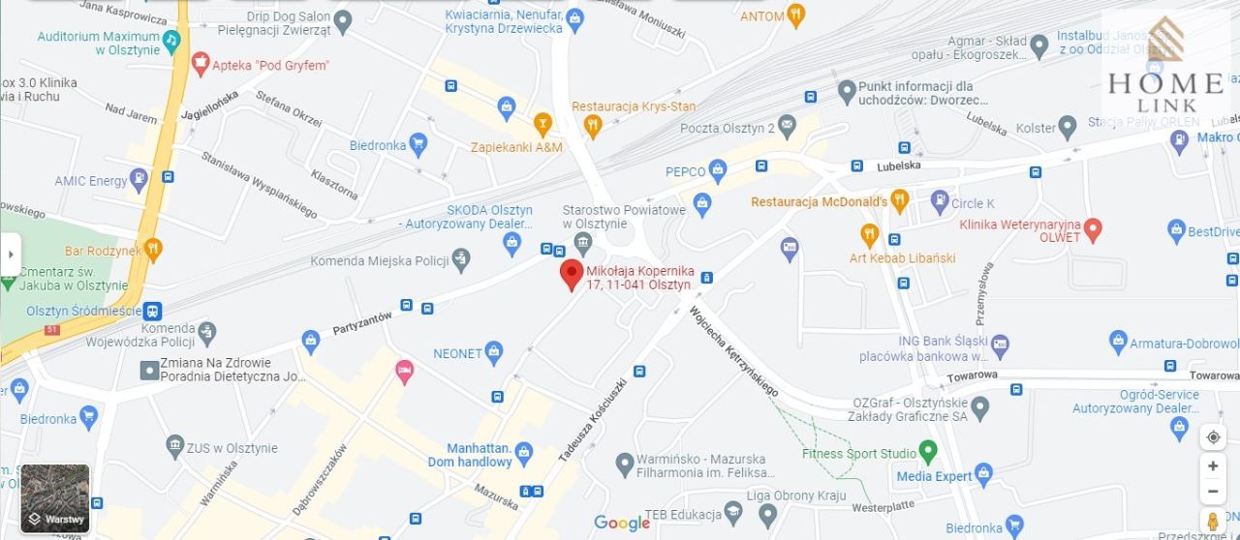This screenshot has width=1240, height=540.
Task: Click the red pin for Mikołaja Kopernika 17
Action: pyautogui.click(x=572, y=273)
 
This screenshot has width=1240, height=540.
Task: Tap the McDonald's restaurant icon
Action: pyautogui.click(x=900, y=201)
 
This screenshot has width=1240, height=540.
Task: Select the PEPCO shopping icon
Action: pyautogui.click(x=718, y=171)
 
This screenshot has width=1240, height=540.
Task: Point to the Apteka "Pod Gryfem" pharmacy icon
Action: pyautogui.click(x=201, y=65)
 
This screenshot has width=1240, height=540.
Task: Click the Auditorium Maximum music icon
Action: pyautogui.click(x=171, y=40)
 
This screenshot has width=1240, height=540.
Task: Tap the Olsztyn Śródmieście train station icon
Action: pyautogui.click(x=152, y=312)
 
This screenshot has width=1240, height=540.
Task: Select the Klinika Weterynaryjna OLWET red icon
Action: pyautogui.click(x=1093, y=230)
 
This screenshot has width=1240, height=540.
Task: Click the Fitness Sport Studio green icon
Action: pyautogui.click(x=928, y=452)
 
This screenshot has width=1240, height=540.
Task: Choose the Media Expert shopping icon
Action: pyautogui.click(x=984, y=475)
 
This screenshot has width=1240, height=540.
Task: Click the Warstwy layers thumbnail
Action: pyautogui.click(x=55, y=498)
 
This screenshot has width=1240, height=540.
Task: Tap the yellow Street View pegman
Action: pyautogui.click(x=1212, y=521)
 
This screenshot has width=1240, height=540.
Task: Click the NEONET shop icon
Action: pyautogui.click(x=494, y=353)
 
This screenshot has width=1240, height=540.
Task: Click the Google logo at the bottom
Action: pyautogui.click(x=622, y=524)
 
